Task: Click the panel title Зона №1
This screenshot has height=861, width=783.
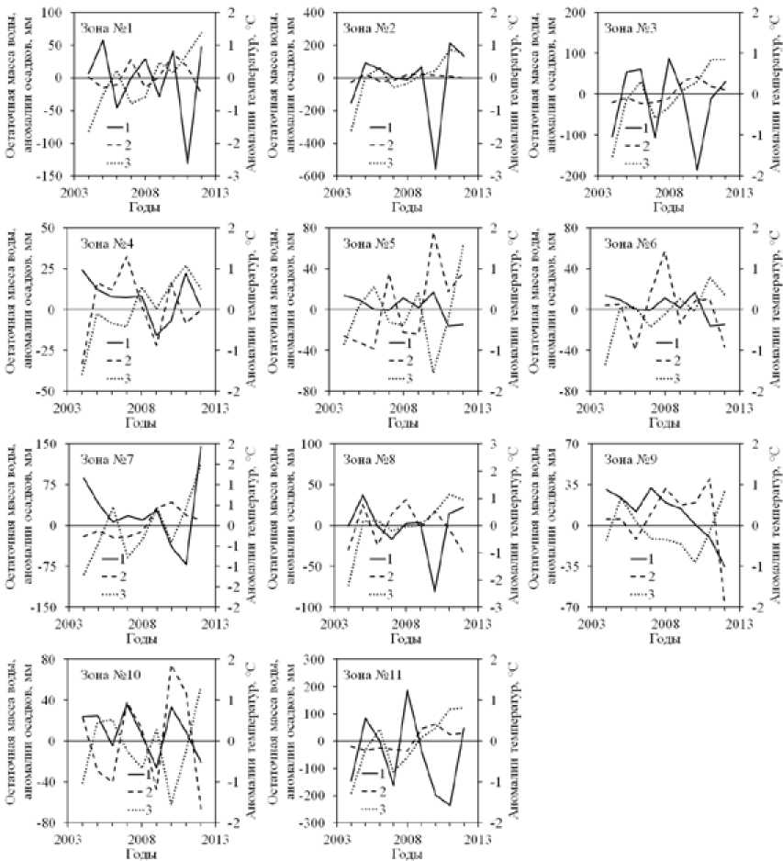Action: coord(107,28)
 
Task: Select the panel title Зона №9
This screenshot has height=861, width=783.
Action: coord(629,459)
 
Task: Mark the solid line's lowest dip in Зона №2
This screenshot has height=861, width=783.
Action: coord(435,170)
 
